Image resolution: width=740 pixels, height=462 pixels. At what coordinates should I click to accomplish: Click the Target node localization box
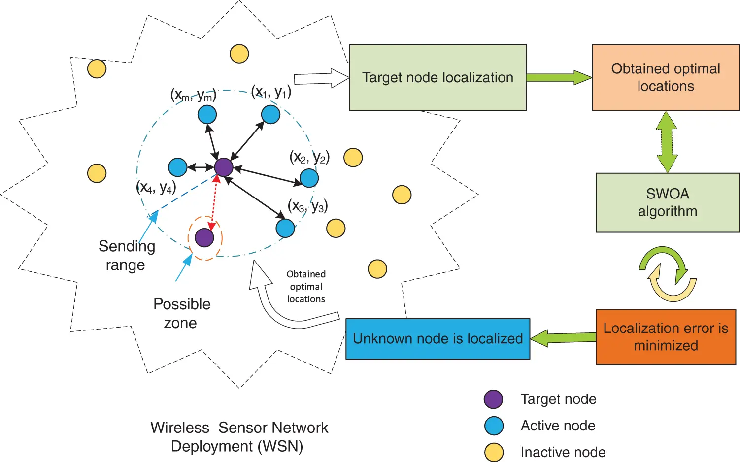(x=437, y=78)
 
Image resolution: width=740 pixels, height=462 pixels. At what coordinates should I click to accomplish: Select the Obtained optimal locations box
(x=665, y=78)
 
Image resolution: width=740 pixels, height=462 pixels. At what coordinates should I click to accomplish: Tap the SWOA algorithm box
(x=667, y=202)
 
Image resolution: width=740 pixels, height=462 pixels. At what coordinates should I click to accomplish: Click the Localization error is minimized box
(x=665, y=337)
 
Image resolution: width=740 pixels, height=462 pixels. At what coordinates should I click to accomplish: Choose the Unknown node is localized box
(x=437, y=339)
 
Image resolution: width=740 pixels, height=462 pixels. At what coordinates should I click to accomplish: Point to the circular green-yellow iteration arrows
(x=668, y=274)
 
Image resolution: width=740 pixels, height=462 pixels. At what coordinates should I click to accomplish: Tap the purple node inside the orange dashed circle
(x=204, y=237)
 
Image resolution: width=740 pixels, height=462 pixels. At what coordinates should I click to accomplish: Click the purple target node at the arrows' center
(x=224, y=167)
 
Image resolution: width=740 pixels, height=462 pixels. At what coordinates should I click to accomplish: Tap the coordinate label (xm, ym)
(x=193, y=95)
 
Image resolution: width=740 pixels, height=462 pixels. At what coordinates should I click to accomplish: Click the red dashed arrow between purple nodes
(x=214, y=202)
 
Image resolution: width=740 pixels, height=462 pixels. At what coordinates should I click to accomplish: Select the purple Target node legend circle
(x=493, y=399)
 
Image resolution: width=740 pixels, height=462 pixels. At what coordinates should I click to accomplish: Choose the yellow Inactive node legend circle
(x=494, y=452)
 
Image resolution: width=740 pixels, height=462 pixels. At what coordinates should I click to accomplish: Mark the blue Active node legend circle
(x=494, y=426)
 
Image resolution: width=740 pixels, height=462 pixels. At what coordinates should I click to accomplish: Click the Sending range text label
(x=127, y=255)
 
